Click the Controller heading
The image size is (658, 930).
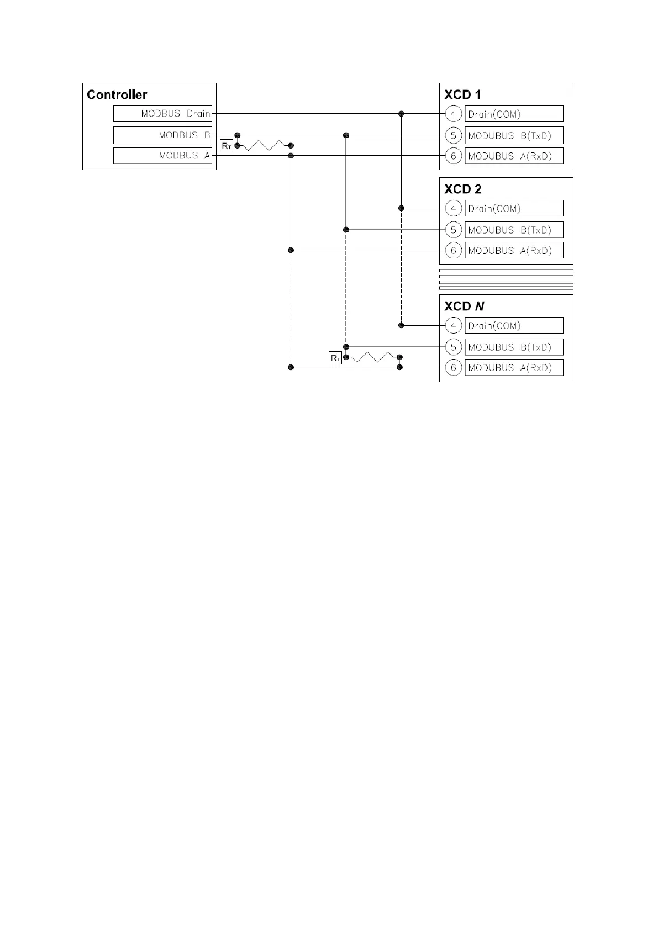[117, 94]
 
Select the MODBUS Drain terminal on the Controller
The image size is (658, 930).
[163, 114]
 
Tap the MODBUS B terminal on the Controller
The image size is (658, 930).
[163, 135]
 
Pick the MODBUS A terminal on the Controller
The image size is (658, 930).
[163, 156]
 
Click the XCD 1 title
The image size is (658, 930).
[462, 94]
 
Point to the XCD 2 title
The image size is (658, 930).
[463, 189]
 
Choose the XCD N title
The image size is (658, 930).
[464, 306]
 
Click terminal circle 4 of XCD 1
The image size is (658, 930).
[453, 114]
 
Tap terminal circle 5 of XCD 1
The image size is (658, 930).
[453, 135]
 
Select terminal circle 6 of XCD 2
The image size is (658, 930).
[453, 250]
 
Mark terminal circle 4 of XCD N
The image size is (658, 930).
[453, 326]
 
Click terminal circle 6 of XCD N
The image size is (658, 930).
[453, 367]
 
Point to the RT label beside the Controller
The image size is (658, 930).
[227, 146]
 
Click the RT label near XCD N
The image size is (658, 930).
[335, 358]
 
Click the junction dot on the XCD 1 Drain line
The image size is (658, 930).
[402, 114]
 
